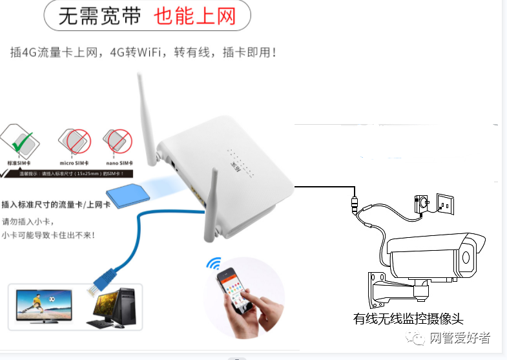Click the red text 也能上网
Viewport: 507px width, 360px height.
(195, 17)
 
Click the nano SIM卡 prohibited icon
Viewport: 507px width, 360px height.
(117, 140)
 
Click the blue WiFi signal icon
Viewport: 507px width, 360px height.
(212, 264)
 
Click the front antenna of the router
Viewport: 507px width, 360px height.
(211, 206)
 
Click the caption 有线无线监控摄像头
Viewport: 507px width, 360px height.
(408, 318)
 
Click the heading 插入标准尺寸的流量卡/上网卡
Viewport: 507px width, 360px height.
(56, 205)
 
